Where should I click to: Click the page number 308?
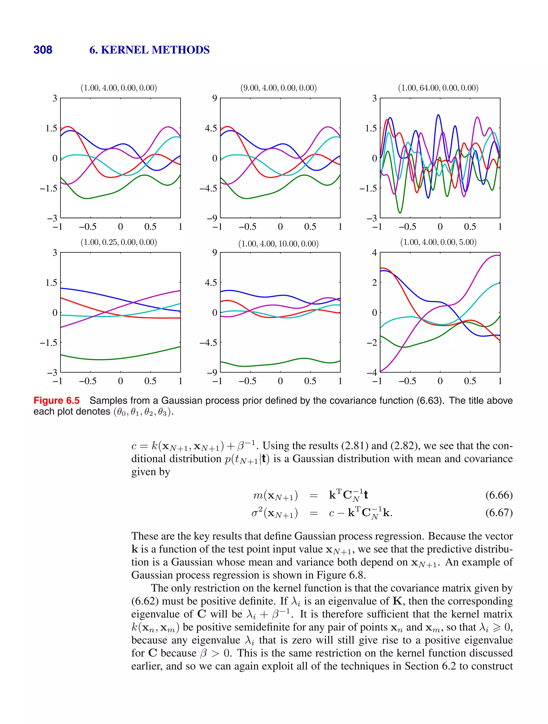point(43,50)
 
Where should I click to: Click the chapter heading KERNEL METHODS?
point(155,50)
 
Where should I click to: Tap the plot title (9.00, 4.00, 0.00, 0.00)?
point(278,88)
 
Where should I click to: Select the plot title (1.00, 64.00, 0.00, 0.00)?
point(438,88)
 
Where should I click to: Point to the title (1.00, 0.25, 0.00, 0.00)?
point(119,242)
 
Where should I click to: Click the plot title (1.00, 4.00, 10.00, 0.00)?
point(278,244)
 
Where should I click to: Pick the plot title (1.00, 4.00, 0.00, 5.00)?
point(438,242)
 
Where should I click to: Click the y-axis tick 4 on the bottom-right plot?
point(374,253)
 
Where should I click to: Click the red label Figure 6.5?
point(57,401)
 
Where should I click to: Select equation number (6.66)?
point(498,495)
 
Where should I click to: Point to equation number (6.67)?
point(498,513)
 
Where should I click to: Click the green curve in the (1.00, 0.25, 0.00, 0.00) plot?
point(101,359)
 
